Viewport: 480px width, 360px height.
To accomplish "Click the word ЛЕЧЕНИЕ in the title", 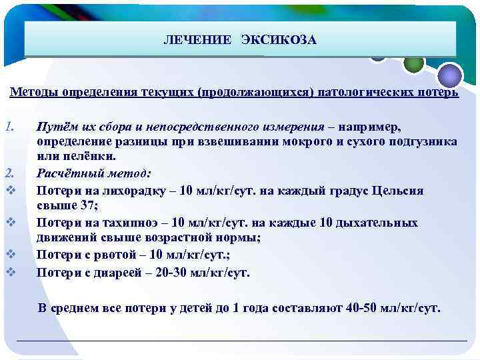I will (x=197, y=41).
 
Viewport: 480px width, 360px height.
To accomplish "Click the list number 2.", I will (x=9, y=173).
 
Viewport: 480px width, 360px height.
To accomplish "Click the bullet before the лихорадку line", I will (x=9, y=190).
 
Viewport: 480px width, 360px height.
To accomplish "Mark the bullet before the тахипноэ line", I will (x=9, y=222).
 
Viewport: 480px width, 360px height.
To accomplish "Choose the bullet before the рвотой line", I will (x=9, y=254).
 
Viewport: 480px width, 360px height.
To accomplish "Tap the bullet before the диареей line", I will (x=9, y=271).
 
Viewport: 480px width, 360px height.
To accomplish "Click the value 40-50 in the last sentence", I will (x=362, y=309).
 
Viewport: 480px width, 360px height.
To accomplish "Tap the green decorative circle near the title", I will (x=414, y=62).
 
